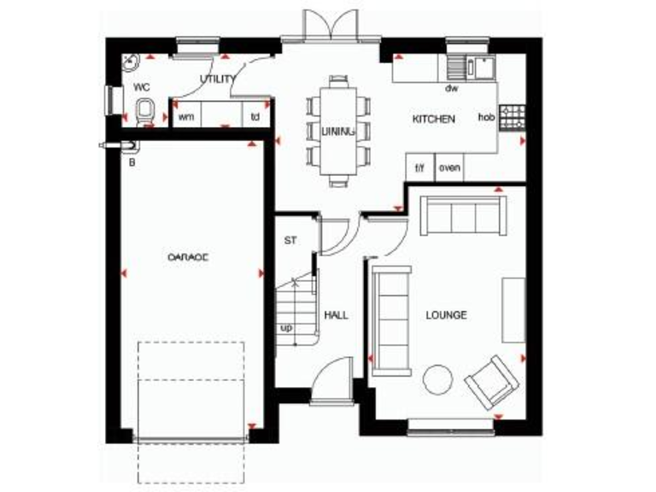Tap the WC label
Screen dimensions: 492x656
141,87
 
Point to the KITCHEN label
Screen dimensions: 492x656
434,120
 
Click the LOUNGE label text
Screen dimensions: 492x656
447,315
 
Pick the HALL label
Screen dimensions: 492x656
337,315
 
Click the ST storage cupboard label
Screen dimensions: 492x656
290,240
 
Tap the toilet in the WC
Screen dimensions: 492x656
144,111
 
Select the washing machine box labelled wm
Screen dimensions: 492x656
185,116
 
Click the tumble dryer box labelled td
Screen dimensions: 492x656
255,116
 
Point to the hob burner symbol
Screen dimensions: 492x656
512,117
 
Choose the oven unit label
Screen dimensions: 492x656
449,167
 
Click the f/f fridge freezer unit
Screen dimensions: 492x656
419,167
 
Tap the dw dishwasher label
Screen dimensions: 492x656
449,88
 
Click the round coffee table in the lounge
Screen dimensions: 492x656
440,378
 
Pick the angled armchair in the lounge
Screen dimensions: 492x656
491,381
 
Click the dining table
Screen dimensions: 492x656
340,130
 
